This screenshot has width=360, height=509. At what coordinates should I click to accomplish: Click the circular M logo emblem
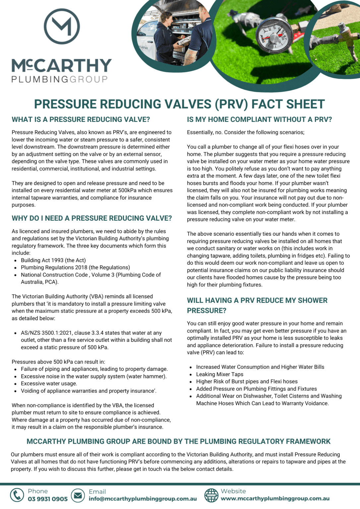62,27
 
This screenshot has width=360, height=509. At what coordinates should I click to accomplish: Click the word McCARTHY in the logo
62,66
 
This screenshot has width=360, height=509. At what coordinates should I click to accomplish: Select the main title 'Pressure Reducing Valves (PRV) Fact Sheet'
179,104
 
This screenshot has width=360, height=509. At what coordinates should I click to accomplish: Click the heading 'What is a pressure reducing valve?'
81,120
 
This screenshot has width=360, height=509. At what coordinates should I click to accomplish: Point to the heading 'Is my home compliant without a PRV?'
259,120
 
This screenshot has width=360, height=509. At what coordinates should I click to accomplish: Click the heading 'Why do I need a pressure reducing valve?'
91,218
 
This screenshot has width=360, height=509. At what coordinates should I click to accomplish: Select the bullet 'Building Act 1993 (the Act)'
53,260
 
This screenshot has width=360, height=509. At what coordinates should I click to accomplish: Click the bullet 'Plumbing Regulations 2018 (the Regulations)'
75,267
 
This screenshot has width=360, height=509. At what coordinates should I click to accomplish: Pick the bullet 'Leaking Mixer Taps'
219,374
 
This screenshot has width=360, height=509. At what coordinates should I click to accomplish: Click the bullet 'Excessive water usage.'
49,384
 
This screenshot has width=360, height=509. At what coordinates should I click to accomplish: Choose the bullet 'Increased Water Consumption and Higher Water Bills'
260,367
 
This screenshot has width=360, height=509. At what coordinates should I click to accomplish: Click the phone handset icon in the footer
17,495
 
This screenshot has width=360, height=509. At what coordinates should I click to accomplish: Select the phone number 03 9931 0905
48,499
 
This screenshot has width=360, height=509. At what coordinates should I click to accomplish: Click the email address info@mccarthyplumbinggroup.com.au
143,499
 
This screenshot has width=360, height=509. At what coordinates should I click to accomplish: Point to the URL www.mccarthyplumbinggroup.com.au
275,499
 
